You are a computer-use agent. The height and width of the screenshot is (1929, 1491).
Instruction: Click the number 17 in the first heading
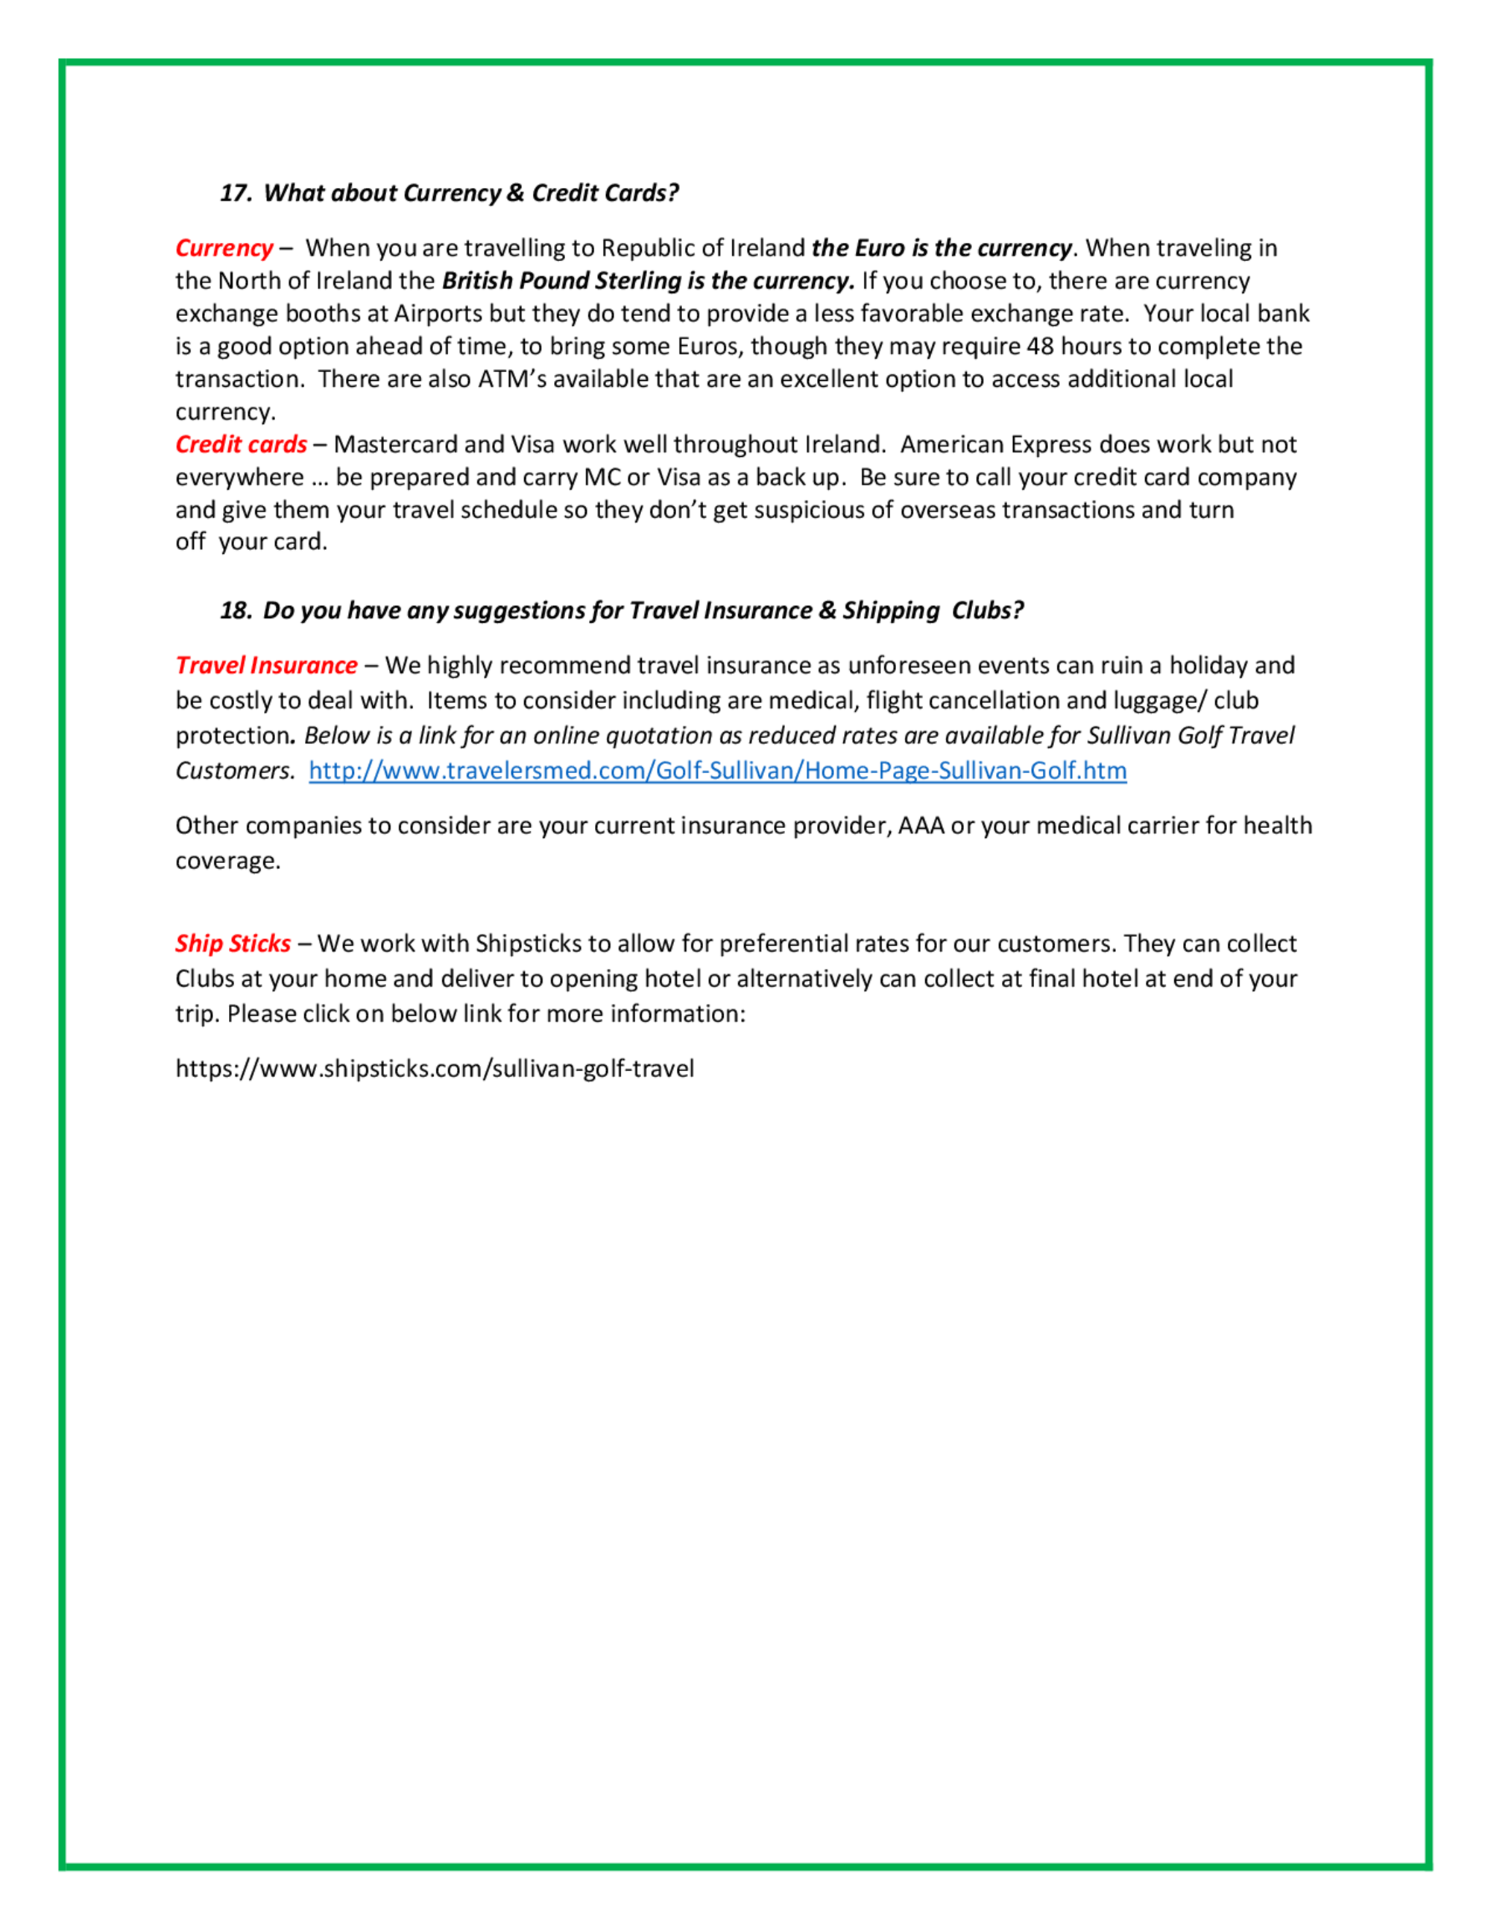click(x=234, y=194)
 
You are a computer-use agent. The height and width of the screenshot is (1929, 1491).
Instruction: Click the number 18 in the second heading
click(x=234, y=610)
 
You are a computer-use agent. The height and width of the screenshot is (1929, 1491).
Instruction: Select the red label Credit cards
click(x=240, y=444)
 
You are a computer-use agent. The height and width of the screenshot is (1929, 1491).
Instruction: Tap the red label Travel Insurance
click(x=266, y=665)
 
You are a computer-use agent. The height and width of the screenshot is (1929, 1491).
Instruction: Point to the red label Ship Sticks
click(x=233, y=944)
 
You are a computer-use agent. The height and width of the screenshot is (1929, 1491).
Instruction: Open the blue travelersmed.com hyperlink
click(x=717, y=770)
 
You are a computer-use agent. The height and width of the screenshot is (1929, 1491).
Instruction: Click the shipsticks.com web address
click(x=435, y=1069)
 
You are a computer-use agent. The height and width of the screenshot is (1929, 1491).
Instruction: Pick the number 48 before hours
click(x=1040, y=347)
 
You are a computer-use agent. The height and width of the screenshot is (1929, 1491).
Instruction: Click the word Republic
click(x=646, y=248)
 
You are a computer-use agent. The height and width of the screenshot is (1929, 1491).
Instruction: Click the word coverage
click(x=227, y=861)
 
